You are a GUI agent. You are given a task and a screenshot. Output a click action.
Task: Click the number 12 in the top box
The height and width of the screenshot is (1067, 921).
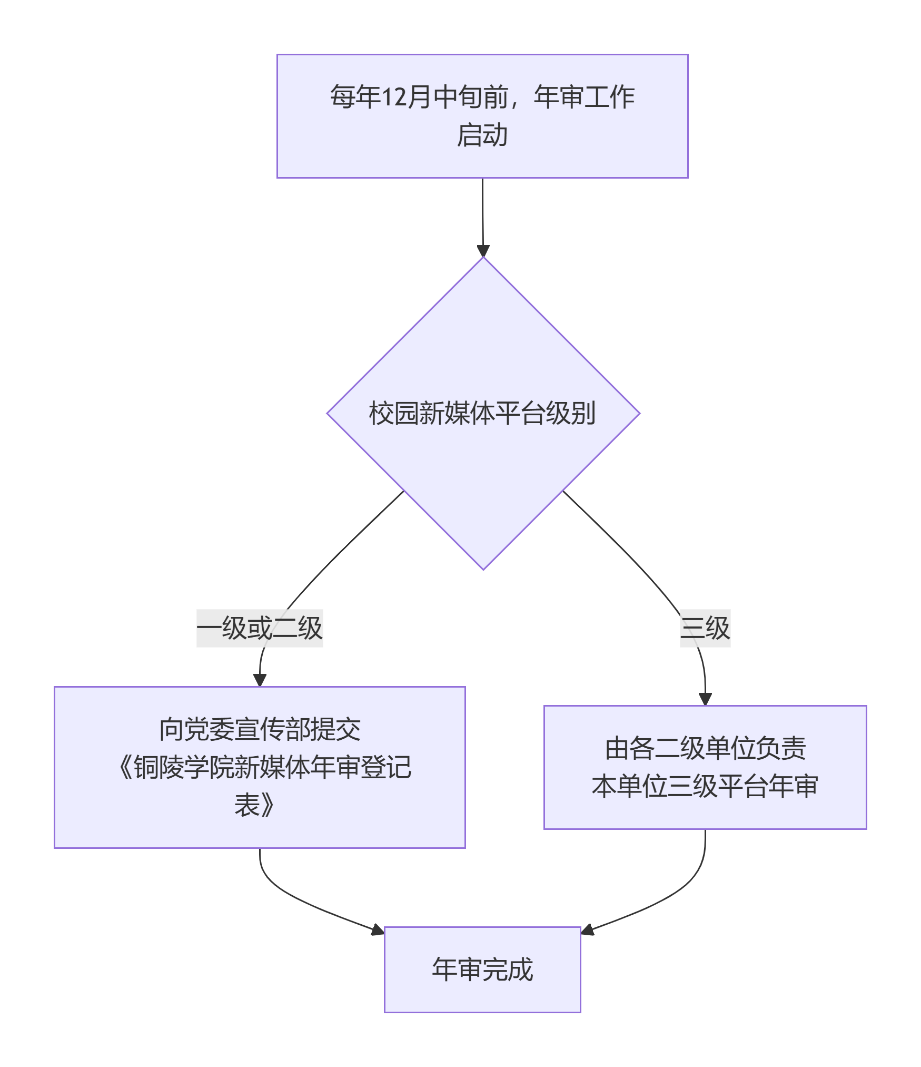[392, 97]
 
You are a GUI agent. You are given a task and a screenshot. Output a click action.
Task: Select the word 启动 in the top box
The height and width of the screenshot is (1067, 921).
[482, 135]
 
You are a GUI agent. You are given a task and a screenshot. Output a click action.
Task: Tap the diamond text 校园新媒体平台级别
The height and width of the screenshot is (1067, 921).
[482, 413]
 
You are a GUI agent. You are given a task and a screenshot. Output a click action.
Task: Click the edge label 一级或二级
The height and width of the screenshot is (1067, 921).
[260, 628]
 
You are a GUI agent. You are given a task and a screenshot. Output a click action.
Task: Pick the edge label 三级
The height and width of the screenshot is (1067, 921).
[705, 628]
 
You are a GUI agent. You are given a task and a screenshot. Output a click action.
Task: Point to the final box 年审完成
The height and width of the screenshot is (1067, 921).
[482, 970]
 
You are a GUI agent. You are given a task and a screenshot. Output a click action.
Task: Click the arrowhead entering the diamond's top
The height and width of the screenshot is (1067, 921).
[483, 251]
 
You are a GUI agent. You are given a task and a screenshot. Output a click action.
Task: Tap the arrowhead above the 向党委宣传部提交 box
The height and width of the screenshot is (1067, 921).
[260, 680]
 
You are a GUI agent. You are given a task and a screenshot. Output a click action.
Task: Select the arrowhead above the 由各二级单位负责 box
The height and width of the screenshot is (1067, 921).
[705, 699]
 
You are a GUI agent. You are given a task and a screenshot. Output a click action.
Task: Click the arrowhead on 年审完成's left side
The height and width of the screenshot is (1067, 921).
[378, 930]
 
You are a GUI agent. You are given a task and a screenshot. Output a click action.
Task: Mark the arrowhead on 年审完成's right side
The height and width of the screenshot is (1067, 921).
[587, 930]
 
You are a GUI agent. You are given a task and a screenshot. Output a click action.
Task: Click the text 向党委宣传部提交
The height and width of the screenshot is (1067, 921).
[260, 730]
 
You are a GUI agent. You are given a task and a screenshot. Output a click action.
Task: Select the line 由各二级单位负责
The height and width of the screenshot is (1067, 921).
[705, 749]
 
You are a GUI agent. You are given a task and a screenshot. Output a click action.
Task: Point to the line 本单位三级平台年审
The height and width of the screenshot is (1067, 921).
[705, 786]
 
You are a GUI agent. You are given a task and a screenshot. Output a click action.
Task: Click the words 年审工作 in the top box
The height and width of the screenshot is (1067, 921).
[585, 97]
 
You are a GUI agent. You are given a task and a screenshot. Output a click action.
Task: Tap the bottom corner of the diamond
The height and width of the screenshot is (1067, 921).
[483, 570]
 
